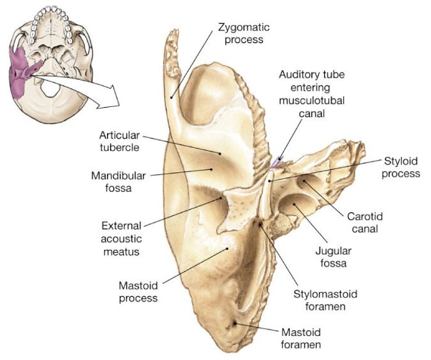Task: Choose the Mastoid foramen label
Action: point(301,337)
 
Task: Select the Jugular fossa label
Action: point(329,257)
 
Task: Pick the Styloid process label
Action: point(401,167)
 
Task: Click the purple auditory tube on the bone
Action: point(275,162)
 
